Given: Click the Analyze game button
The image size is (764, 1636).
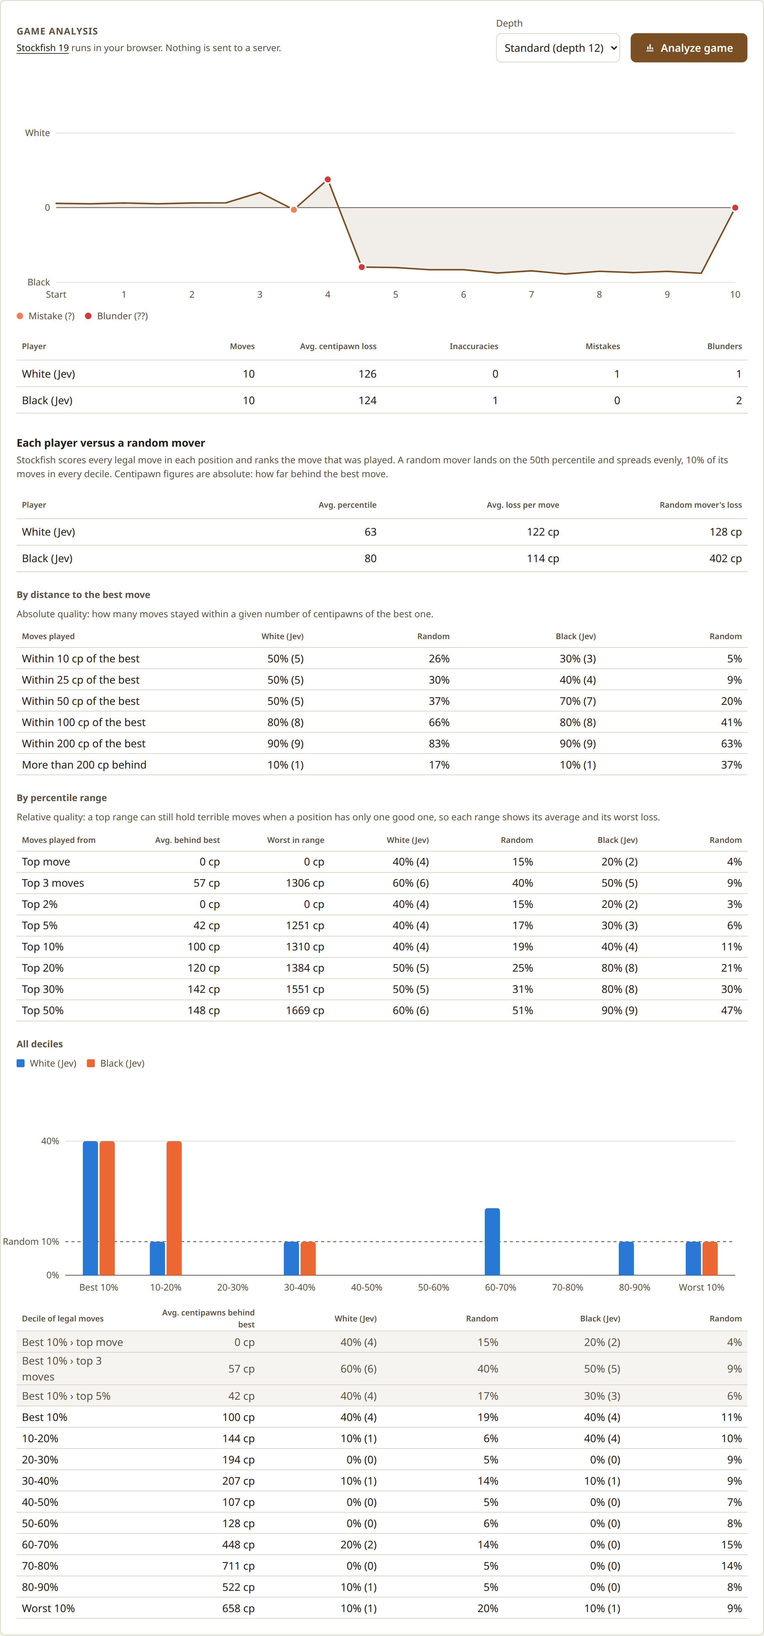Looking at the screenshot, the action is tap(688, 48).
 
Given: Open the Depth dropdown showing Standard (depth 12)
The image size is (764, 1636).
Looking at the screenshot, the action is tap(558, 48).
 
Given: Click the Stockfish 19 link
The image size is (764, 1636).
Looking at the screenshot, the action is tap(42, 48).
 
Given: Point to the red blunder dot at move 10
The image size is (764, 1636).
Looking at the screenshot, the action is tap(735, 208).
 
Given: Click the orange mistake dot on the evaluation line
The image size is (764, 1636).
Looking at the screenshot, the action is tap(294, 210).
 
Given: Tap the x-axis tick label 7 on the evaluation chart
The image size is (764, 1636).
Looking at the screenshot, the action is tap(531, 295).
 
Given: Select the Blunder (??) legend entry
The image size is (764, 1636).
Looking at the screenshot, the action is tap(117, 316).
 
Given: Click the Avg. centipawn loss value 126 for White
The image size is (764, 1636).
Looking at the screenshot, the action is tap(367, 374).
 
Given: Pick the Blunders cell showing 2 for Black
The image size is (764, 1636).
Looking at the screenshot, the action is tap(738, 401).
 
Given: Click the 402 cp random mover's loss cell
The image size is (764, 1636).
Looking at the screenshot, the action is tap(725, 559).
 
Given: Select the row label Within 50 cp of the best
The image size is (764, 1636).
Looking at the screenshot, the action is tap(81, 701).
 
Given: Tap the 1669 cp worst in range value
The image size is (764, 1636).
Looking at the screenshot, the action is tap(305, 1010).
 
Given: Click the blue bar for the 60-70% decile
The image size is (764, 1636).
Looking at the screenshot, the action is tap(492, 1242).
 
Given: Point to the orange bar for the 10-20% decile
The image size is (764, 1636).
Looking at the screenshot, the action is tap(174, 1208).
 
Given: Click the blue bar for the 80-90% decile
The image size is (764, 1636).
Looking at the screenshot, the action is tap(626, 1258).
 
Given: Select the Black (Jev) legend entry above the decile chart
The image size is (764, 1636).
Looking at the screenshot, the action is tap(116, 1064).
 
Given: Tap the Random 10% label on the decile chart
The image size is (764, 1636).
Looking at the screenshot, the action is tap(31, 1242).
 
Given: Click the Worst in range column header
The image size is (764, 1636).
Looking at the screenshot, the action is tap(296, 840).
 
